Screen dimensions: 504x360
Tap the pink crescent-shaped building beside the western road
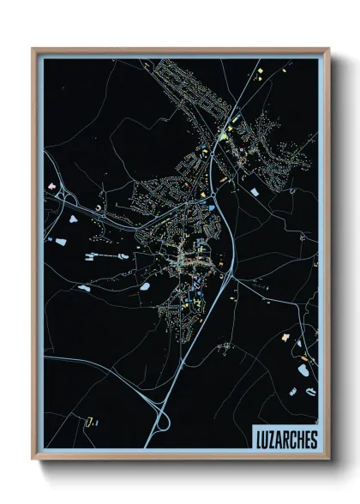pos(99,206)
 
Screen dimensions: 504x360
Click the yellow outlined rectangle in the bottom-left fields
pos(89,420)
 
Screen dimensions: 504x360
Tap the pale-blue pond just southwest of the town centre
pos(146,285)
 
